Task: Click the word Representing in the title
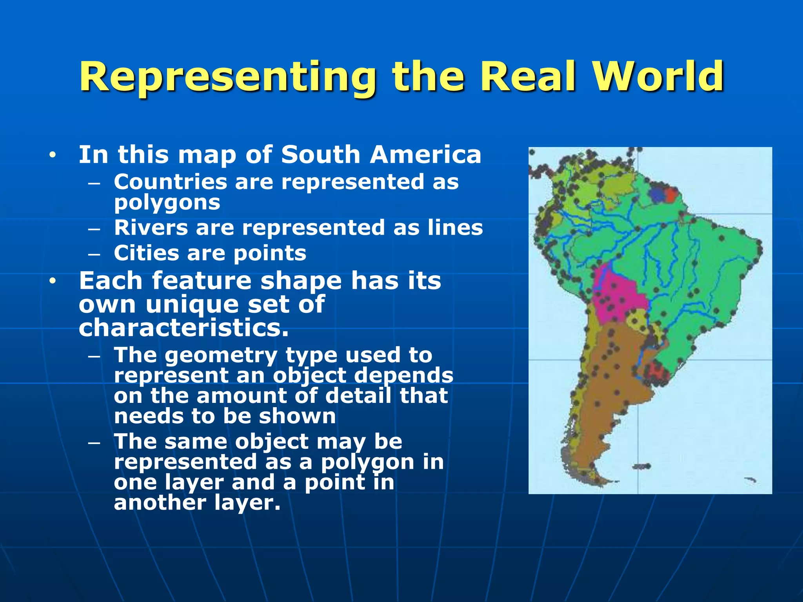(x=227, y=77)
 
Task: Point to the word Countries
(x=171, y=182)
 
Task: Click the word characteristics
(x=183, y=328)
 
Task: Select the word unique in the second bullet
(x=192, y=305)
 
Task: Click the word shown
(x=297, y=416)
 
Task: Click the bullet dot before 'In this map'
(x=53, y=155)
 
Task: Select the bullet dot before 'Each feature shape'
(x=53, y=281)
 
